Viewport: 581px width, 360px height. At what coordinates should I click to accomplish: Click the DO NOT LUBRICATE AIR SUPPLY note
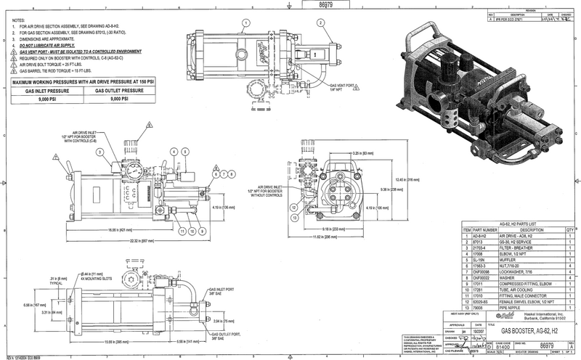point(57,45)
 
